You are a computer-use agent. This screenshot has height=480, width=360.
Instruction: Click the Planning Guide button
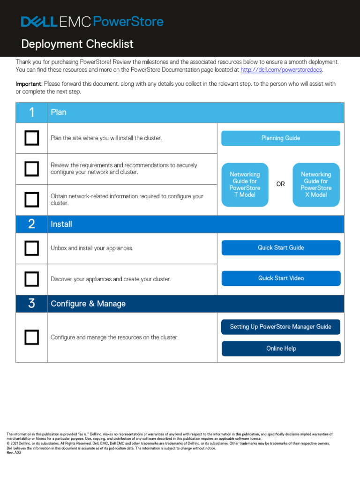280,138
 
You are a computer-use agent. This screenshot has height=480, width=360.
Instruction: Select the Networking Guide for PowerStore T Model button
245,185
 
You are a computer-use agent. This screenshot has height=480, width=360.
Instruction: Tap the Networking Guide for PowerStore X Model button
316,185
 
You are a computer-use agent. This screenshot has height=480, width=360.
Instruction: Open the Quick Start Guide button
280,247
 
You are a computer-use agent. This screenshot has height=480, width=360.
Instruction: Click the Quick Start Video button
280,278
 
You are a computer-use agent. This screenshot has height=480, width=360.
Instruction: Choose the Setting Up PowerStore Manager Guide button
280,327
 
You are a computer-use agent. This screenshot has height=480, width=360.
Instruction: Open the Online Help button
280,349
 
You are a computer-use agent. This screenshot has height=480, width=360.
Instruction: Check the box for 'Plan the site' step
32,138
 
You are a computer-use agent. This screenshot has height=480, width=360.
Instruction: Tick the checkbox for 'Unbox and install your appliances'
32,248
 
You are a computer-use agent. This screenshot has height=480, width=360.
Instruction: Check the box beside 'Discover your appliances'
32,279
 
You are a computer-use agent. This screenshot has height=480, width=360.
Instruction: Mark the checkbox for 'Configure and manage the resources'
32,337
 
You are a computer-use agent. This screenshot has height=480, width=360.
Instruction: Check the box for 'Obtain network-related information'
32,200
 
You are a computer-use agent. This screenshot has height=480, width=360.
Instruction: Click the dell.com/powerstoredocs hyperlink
281,70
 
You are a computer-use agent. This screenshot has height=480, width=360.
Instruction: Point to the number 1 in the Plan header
31,112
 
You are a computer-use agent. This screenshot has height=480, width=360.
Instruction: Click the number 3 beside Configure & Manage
31,304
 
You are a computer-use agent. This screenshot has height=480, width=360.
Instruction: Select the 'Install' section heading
61,225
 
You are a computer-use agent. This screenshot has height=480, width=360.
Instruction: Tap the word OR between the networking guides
280,184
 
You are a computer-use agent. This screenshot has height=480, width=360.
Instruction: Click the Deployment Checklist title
77,44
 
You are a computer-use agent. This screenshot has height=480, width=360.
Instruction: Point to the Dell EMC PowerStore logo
92,22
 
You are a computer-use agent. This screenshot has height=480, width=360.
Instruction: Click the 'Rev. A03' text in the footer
14,453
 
